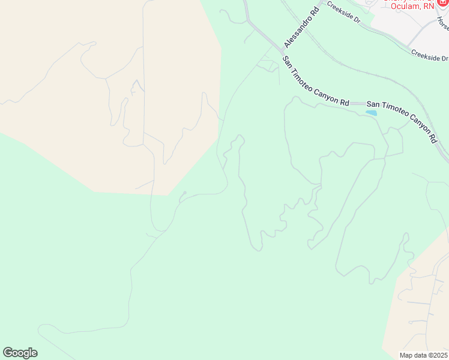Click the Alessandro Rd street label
[x=301, y=28]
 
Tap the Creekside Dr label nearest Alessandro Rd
[x=343, y=16]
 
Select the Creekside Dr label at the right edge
[x=430, y=55]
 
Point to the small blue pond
[x=372, y=112]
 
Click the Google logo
[x=20, y=353]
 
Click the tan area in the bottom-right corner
[x=420, y=312]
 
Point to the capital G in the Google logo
[x=8, y=353]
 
